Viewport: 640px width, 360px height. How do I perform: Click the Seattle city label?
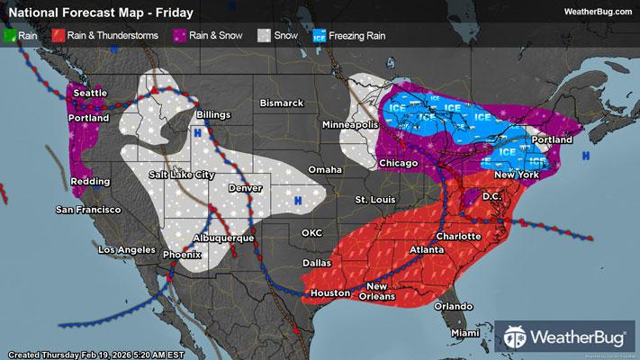[89, 92]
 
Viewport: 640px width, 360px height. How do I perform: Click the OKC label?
[311, 233]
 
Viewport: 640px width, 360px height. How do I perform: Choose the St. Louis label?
[374, 198]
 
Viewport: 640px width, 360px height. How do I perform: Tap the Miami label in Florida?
[465, 333]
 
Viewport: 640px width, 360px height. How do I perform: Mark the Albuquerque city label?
[224, 238]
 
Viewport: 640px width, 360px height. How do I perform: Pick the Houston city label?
[329, 294]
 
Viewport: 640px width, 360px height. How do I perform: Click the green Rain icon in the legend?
[11, 35]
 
